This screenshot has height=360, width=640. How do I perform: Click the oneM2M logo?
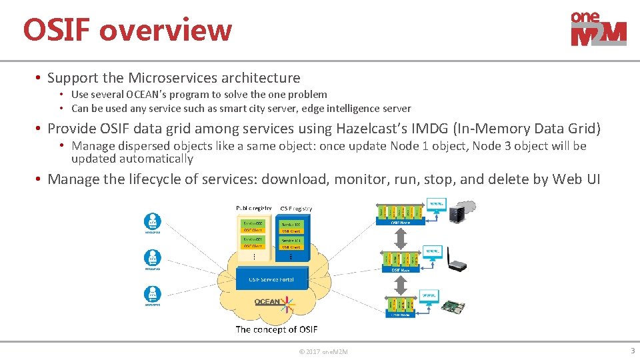coord(598,29)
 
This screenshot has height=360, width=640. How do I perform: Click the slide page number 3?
coord(632,351)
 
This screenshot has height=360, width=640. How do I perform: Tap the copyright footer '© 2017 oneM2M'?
coord(323,351)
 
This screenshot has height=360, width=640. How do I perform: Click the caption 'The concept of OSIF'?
coord(276,329)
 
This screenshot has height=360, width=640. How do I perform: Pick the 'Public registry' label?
coord(253,208)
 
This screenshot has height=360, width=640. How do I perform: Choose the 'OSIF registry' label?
coord(295,208)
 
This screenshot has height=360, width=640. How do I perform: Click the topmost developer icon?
coord(153,223)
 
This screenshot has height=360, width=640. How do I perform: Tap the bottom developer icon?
coord(153,296)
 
